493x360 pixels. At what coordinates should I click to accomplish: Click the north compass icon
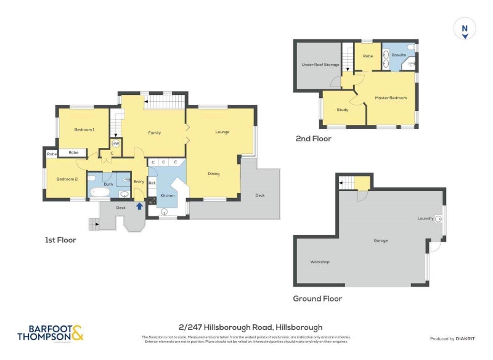[465, 29]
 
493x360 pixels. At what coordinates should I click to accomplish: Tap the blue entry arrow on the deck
[139, 207]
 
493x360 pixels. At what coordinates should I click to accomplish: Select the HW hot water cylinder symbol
[115, 143]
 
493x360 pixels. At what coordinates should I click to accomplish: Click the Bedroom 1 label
[84, 129]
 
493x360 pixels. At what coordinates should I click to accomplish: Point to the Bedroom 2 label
[67, 179]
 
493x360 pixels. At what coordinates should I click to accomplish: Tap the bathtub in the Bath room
[100, 194]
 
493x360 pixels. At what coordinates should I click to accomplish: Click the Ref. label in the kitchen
[152, 182]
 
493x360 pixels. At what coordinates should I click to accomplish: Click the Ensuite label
[399, 55]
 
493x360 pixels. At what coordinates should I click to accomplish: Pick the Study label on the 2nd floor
[342, 110]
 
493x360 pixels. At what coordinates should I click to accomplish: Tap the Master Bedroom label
[391, 98]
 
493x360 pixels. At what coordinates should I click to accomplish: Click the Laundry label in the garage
[425, 218]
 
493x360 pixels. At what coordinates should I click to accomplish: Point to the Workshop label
[320, 262]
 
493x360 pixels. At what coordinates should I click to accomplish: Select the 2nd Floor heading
[314, 139]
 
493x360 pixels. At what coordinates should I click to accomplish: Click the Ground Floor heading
[317, 298]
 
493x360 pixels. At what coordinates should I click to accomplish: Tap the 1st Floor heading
[60, 240]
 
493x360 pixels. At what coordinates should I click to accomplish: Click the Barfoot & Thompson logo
[51, 333]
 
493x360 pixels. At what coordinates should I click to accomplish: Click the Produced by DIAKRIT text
[455, 339]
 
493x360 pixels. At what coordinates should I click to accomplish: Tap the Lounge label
[222, 132]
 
